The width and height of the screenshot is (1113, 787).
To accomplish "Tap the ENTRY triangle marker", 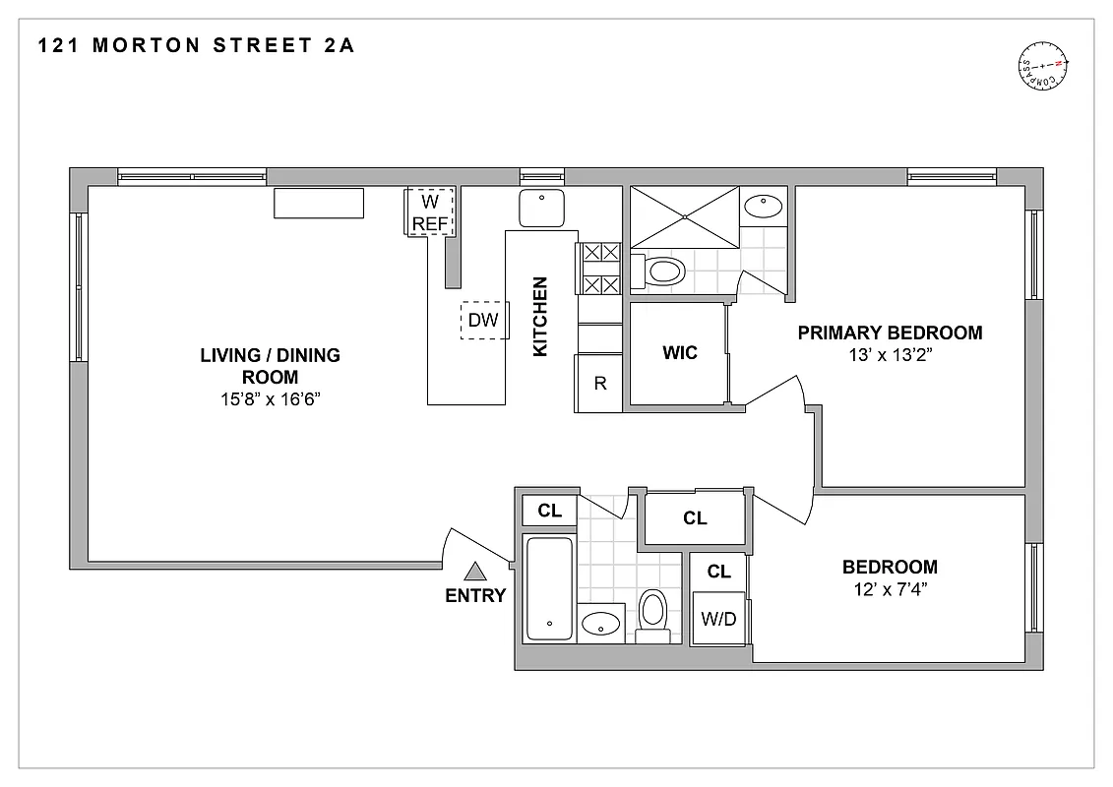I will pyautogui.click(x=476, y=571).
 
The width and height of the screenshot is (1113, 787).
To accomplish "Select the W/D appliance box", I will pyautogui.click(x=718, y=619).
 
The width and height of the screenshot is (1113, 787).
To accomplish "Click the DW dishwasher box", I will pyautogui.click(x=482, y=320).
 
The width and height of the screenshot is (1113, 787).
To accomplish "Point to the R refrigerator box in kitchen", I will pyautogui.click(x=599, y=384).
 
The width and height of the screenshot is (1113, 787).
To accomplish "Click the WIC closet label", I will pyautogui.click(x=679, y=352).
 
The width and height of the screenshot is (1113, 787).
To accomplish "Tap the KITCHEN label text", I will pyautogui.click(x=539, y=316).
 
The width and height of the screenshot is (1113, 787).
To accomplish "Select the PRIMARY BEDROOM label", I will pyautogui.click(x=890, y=333).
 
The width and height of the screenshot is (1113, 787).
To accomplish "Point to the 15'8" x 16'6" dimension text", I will pyautogui.click(x=270, y=399).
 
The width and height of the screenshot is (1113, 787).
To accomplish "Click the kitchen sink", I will pyautogui.click(x=541, y=209).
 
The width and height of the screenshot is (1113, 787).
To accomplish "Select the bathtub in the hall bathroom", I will pyautogui.click(x=548, y=587).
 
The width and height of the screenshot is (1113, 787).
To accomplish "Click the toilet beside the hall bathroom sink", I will pyautogui.click(x=652, y=613).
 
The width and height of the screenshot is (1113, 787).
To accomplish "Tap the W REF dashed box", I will pyautogui.click(x=430, y=212).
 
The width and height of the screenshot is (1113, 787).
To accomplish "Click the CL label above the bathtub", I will pyautogui.click(x=549, y=511).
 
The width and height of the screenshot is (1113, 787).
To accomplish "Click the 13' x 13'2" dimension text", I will pyautogui.click(x=890, y=355).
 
